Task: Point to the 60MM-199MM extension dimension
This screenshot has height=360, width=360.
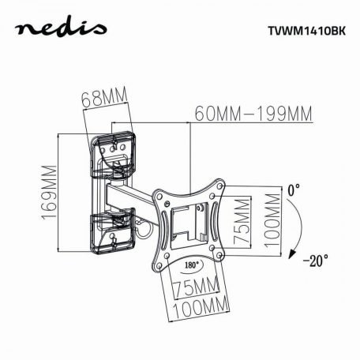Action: [253, 114]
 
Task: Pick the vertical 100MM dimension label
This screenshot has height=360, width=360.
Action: [272, 222]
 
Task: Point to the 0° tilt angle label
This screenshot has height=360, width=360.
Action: [294, 190]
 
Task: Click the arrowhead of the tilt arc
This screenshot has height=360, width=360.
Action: [293, 254]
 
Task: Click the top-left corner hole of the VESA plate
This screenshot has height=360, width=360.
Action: [159, 193]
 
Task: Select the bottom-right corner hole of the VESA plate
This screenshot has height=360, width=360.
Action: [218, 251]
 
